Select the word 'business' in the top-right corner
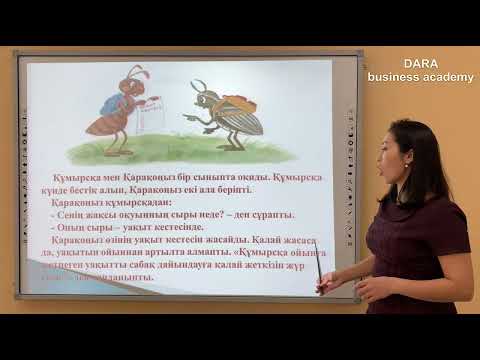tap(397, 77)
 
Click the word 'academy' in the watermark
tap(449, 77)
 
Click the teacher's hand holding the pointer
tap(326, 284)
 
